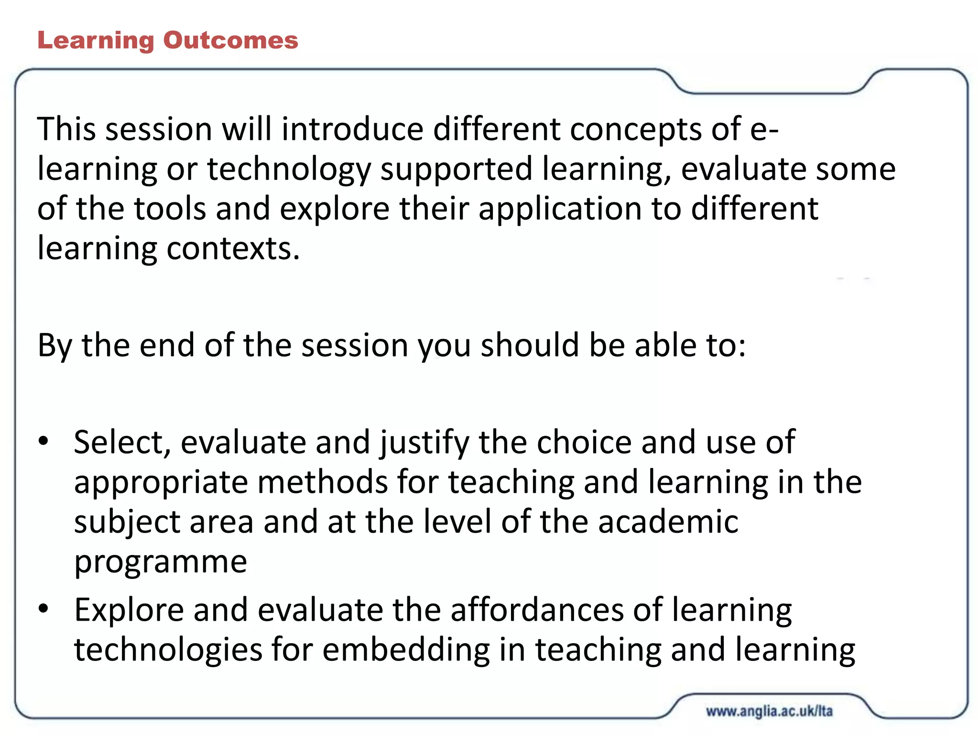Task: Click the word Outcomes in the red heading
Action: pos(230,40)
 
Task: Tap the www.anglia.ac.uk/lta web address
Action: pos(769,711)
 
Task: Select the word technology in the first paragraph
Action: pos(289,170)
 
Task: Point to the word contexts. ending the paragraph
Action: pos(233,248)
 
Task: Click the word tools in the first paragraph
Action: pos(169,209)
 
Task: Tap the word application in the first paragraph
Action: pos(559,210)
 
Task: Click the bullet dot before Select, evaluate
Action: pos(44,441)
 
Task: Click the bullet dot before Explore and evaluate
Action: pos(44,609)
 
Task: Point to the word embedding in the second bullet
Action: pos(406,650)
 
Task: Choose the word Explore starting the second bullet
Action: pos(129,611)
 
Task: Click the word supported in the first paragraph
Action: pos(456,170)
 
